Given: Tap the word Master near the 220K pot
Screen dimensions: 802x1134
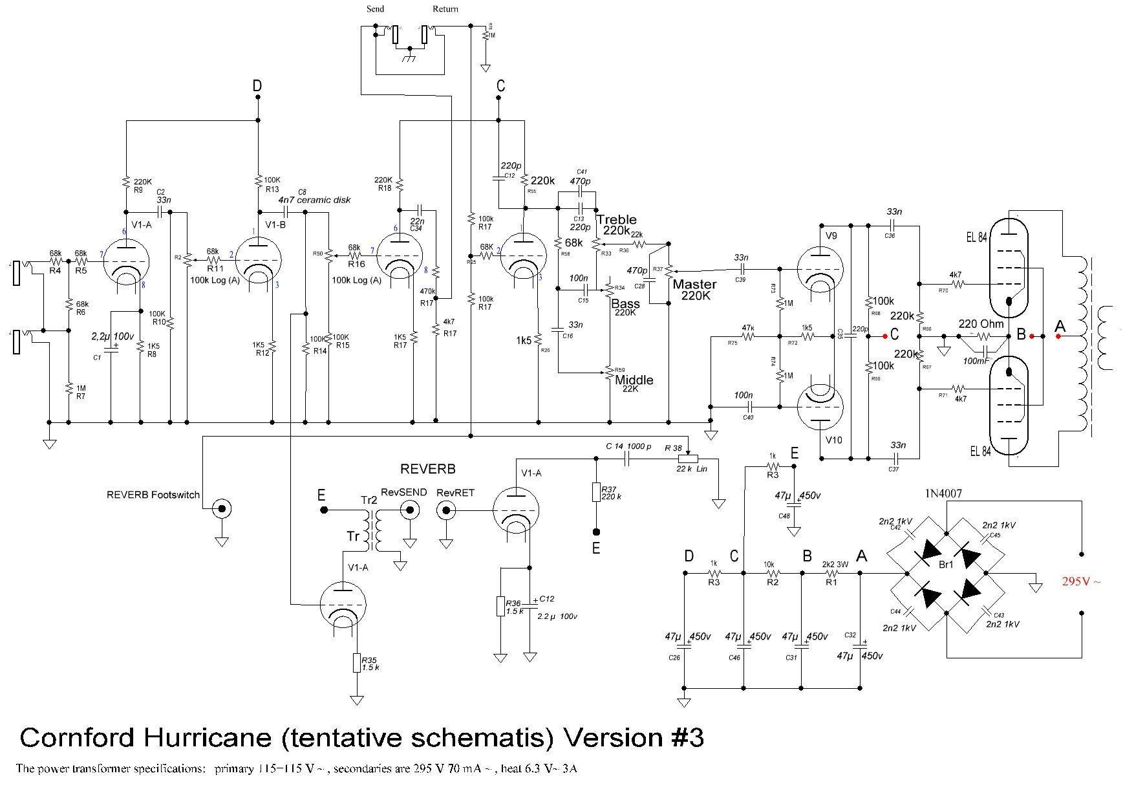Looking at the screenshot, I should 694,284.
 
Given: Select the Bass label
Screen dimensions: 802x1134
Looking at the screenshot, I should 625,303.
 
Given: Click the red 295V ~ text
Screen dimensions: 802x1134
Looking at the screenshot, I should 1080,581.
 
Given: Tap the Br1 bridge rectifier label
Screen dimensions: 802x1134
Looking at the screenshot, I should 946,565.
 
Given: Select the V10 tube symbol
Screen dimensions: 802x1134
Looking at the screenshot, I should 820,406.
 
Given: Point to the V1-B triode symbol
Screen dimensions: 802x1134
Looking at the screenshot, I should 258,261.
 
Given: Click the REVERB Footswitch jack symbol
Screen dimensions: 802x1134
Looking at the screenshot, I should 222,509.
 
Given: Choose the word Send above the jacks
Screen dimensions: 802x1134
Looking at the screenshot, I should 375,9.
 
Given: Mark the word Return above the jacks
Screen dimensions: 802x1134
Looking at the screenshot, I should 445,9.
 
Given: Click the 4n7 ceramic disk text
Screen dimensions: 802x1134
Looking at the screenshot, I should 314,200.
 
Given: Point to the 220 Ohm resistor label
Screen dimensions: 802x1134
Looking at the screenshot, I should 981,324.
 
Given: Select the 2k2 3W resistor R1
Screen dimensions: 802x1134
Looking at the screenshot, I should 832,573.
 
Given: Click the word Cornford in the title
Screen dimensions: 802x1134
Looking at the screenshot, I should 77,737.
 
